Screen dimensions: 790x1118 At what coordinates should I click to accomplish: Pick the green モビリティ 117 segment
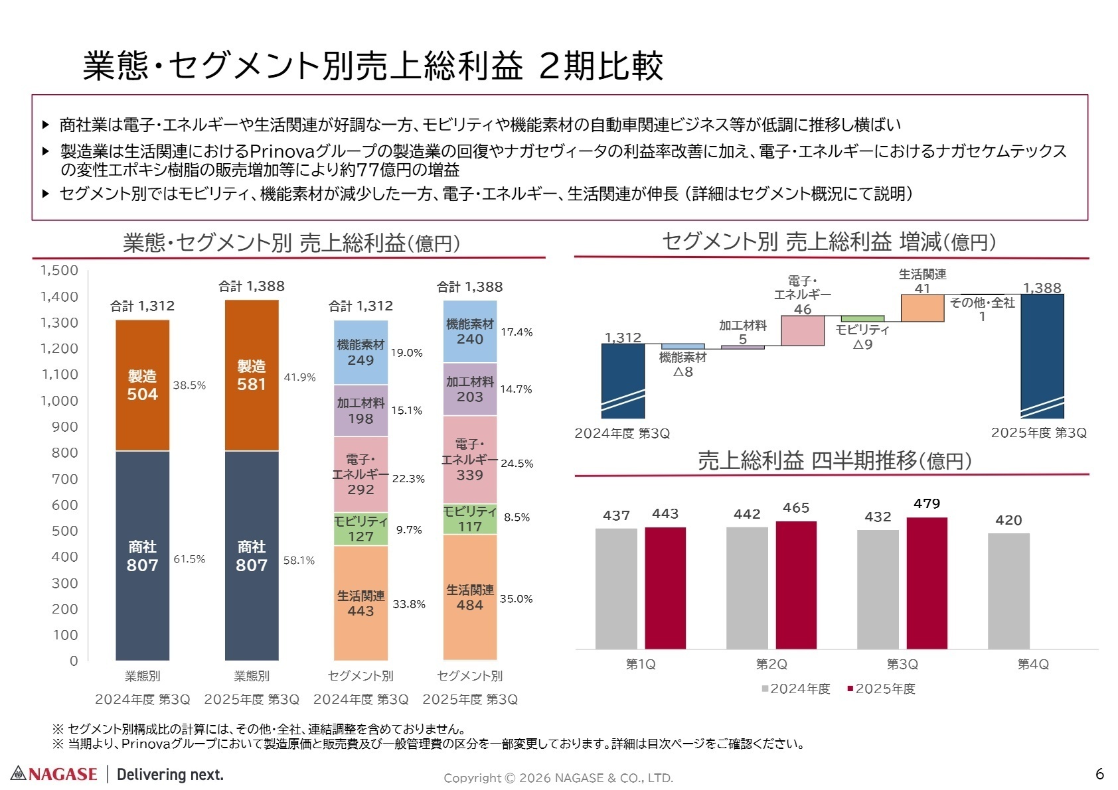[x=469, y=519]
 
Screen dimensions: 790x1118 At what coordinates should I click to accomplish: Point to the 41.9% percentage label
[x=299, y=377]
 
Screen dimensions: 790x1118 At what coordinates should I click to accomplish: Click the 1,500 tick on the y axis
[x=59, y=271]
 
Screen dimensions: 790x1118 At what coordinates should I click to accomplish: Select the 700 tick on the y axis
[x=64, y=479]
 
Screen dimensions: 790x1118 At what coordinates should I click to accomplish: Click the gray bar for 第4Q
[x=1008, y=590]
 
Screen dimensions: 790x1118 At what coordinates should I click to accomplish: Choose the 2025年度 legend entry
[x=881, y=689]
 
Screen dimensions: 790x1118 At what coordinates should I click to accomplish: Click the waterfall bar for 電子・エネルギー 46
[x=802, y=330]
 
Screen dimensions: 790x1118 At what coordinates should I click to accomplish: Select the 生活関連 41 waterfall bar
[x=921, y=308]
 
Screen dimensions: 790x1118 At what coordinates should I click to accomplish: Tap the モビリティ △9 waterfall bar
[x=862, y=319]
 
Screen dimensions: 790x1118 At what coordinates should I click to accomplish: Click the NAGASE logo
[x=54, y=773]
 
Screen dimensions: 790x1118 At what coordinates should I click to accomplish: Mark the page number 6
[x=1099, y=773]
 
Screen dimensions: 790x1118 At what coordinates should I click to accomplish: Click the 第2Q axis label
[x=771, y=664]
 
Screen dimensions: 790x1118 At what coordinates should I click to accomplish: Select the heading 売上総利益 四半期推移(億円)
[x=834, y=461]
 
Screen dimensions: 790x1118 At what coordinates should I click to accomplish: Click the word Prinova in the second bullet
[x=281, y=151]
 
